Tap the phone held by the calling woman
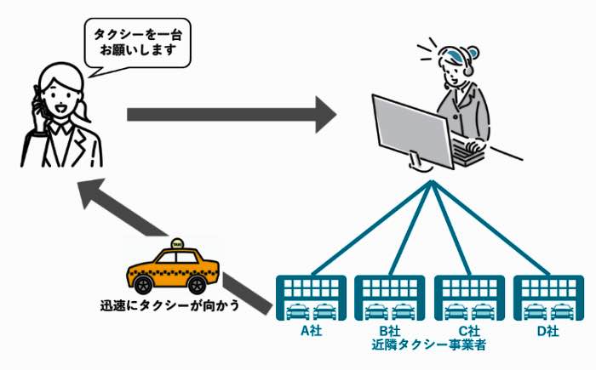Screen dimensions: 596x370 tap(39, 103)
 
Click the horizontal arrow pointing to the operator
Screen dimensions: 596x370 tap(232, 114)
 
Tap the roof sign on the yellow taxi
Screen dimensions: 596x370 tap(177, 243)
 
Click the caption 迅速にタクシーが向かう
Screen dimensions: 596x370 tap(170, 305)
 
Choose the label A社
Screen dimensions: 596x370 tap(312, 331)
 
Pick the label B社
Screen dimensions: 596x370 tap(389, 331)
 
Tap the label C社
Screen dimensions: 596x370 tap(469, 331)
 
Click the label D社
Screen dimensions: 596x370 tap(547, 331)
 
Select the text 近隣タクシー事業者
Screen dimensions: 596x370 tap(429, 344)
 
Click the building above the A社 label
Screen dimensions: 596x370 tap(311, 298)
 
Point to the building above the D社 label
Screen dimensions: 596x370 tap(548, 298)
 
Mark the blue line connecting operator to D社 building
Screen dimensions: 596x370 tap(490, 227)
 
